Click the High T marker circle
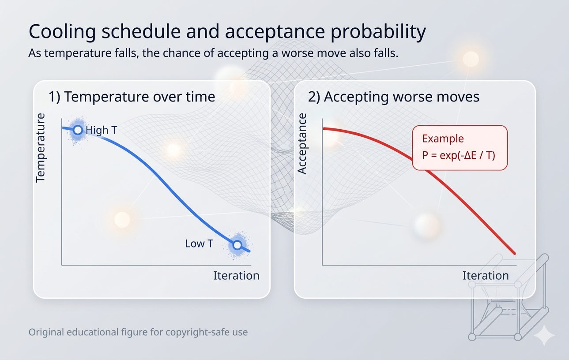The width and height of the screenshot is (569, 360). [x=78, y=130]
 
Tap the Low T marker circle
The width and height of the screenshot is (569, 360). [x=237, y=245]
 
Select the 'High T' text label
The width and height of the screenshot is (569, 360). [x=101, y=130]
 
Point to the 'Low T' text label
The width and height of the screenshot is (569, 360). [x=199, y=244]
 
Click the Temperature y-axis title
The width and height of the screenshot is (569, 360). [x=40, y=148]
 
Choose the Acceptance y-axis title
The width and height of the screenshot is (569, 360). [x=302, y=144]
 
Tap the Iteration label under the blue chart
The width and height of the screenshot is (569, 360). [x=236, y=275]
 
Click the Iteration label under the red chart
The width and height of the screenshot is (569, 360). [x=486, y=275]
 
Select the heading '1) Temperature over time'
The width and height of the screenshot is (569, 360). [x=132, y=97]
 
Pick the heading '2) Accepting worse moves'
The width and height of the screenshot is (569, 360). [x=394, y=97]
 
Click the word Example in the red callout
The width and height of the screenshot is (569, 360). [x=443, y=139]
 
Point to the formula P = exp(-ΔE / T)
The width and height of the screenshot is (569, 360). [x=459, y=155]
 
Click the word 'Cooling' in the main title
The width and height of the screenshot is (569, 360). [x=62, y=32]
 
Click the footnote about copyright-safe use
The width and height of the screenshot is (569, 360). [x=138, y=332]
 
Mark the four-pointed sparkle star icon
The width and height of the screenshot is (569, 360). [x=544, y=335]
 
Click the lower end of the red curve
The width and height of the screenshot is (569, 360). [x=515, y=253]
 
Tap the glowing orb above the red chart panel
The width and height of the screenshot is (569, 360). [x=471, y=59]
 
